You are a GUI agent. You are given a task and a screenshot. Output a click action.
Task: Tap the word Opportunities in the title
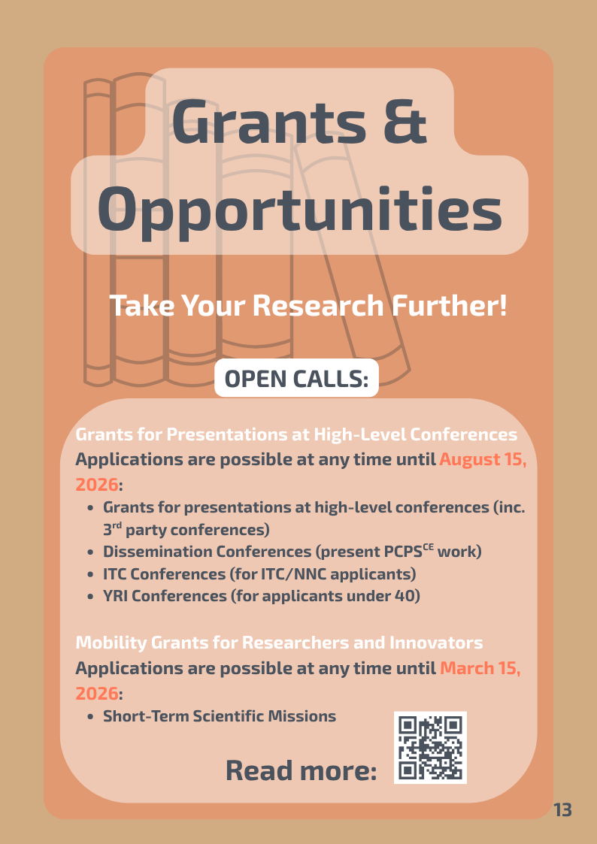click(x=299, y=211)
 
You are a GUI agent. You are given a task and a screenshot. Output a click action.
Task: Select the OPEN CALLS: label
click(x=296, y=379)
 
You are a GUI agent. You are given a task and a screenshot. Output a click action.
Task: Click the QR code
click(x=430, y=747)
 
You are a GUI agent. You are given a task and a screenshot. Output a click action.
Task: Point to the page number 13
click(x=562, y=810)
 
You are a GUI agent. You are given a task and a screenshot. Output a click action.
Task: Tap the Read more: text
click(x=301, y=770)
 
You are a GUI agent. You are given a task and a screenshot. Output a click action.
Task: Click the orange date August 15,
click(x=483, y=460)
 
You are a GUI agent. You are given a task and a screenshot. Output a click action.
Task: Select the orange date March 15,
click(x=480, y=668)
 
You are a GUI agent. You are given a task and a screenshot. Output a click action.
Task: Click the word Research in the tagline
click(x=317, y=305)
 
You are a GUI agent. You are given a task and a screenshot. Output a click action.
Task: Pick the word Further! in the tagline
click(x=449, y=305)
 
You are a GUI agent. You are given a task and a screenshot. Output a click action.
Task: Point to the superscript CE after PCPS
click(x=428, y=547)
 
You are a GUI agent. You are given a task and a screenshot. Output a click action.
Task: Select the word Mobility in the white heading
click(x=111, y=643)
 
